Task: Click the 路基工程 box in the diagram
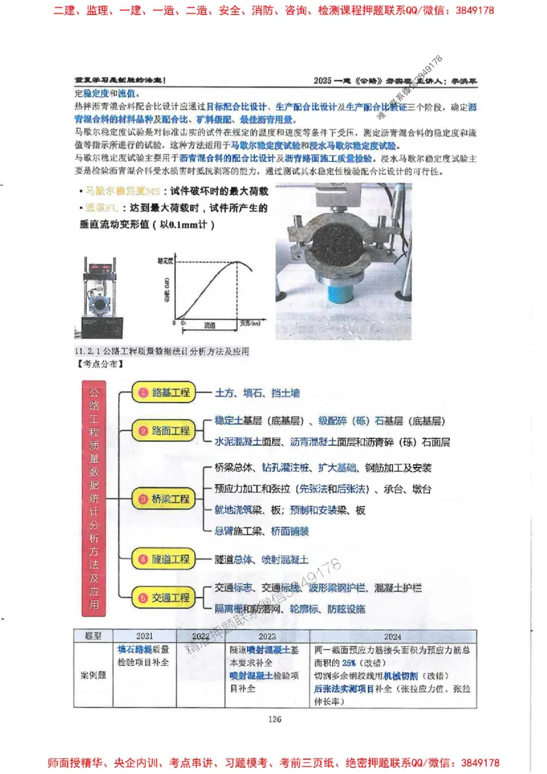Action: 163,393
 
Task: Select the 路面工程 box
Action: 163,431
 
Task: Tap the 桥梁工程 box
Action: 163,499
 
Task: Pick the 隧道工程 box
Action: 163,559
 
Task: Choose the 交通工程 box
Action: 163,598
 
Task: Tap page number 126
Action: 275,718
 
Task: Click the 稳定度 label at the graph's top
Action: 165,261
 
